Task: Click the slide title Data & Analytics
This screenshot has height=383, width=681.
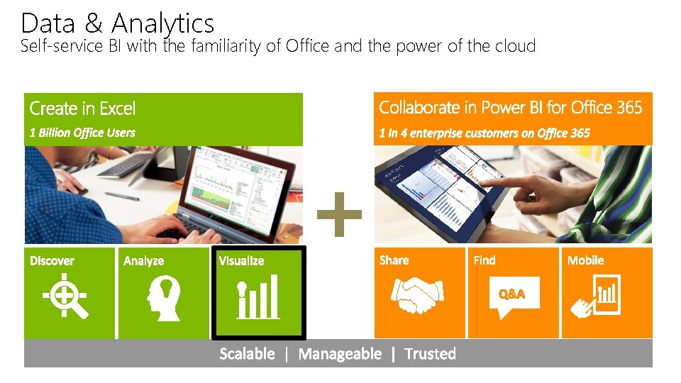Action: pos(117,23)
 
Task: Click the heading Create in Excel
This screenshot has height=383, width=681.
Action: pos(82,109)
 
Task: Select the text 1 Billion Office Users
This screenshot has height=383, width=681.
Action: pos(82,133)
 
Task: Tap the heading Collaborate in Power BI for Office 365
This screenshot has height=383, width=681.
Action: pos(510,108)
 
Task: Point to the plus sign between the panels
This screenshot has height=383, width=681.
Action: pos(339,213)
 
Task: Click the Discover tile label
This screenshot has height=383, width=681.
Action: pos(52,261)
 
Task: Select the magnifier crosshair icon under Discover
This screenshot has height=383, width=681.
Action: pos(65,297)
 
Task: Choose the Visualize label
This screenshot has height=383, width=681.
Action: pos(241,261)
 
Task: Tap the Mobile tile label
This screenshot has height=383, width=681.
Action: pos(585,260)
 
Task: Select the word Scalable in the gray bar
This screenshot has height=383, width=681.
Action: pos(247,354)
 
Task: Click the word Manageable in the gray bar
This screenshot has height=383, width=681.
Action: pos(340,354)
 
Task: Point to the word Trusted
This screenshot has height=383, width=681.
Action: pos(430,354)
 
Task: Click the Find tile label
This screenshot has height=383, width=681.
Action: pos(485,260)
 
